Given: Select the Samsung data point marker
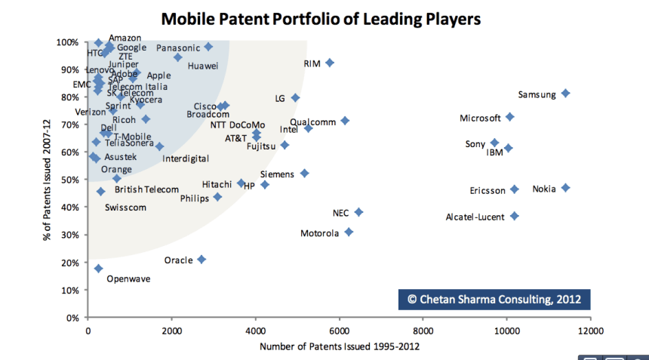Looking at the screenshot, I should coord(565,94).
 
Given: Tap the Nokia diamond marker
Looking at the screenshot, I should coord(565,188).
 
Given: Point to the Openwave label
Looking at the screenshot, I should coord(128,278).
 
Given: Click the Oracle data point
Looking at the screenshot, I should coord(201,259).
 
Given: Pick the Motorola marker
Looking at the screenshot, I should coord(349,232).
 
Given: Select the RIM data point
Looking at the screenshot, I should coord(329,63).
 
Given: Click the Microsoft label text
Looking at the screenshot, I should coord(481,118).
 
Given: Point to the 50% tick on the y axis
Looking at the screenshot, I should coord(69,180).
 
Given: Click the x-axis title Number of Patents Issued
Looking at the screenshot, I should coord(339,346).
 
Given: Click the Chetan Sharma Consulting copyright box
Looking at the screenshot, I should coord(494,299).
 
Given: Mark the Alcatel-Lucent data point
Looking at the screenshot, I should coord(515,216).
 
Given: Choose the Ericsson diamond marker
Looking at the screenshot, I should coord(515,189).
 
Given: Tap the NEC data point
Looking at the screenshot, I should coord(358,213).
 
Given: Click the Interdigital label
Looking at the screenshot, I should coord(186,159).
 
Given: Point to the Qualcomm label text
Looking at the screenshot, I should coord(312,122).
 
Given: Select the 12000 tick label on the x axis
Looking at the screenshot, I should coord(589,330).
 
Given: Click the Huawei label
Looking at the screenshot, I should coord(203,66).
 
